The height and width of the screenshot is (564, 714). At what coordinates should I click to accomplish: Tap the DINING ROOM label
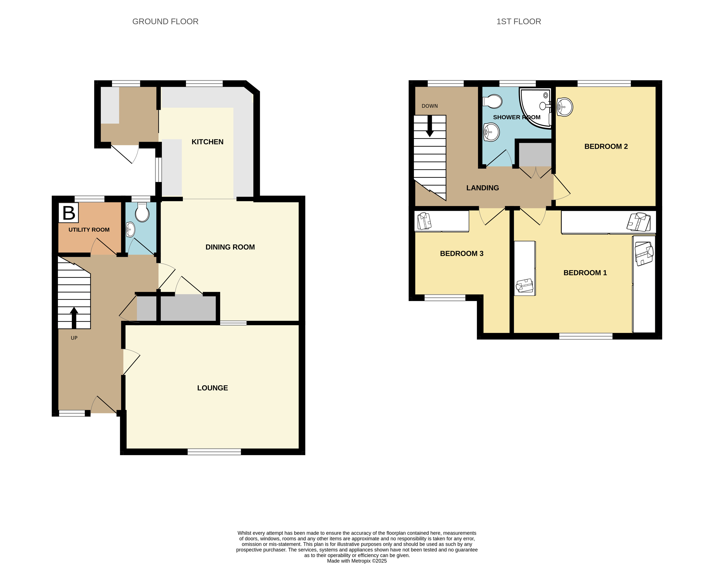(230, 247)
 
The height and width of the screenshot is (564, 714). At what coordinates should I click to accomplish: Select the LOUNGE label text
(213, 388)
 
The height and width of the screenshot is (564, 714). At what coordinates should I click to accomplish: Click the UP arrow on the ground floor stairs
(74, 318)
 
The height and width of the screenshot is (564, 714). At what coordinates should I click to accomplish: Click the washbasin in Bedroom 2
(565, 107)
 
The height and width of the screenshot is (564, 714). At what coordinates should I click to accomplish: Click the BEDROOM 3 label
(462, 254)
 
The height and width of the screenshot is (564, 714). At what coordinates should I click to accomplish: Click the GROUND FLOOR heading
(165, 21)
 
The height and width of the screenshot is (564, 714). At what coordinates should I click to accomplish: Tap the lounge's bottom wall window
(214, 452)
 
